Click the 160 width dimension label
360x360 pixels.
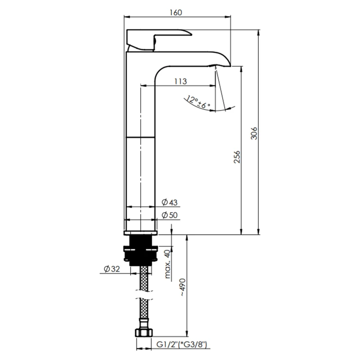(x=176, y=12)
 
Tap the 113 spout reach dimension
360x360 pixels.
(x=180, y=81)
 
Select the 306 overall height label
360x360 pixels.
(x=254, y=133)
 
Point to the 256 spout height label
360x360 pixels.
(x=237, y=157)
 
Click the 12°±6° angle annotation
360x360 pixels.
(x=198, y=102)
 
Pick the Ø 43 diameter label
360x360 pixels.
(x=170, y=202)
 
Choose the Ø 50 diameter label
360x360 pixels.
(x=170, y=215)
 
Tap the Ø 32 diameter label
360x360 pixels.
(x=112, y=269)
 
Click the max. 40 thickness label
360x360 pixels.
(x=168, y=264)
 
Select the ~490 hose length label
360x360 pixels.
(x=183, y=288)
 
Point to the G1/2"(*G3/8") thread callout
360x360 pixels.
(x=181, y=344)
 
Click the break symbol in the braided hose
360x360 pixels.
(x=144, y=295)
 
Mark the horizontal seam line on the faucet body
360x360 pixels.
(x=141, y=137)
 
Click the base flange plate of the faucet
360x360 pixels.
(x=141, y=233)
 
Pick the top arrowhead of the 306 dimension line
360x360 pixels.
(x=258, y=33)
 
